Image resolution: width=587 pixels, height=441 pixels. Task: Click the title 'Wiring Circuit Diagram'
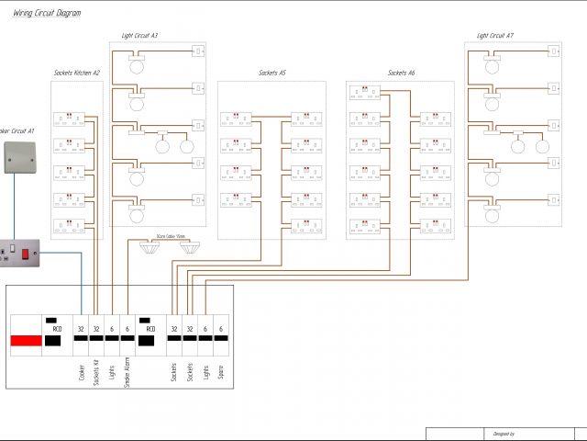click(x=47, y=14)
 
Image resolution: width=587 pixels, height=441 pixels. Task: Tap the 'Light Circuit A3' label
click(x=139, y=36)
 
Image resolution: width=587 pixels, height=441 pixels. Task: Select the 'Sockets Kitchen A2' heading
click(x=76, y=73)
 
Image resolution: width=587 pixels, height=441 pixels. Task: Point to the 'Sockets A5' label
click(x=272, y=73)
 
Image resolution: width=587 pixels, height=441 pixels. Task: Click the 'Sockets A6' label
click(x=401, y=73)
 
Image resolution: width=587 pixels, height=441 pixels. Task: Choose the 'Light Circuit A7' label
click(x=495, y=36)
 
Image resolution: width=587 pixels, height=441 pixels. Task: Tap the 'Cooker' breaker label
click(x=82, y=372)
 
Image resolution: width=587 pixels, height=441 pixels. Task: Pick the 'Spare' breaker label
click(x=221, y=372)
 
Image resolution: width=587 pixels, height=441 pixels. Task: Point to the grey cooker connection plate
click(x=17, y=158)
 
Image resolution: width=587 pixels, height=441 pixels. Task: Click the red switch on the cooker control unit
click(x=27, y=249)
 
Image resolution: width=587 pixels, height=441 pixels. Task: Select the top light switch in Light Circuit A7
click(x=554, y=51)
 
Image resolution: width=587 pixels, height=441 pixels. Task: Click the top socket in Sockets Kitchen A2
click(x=65, y=119)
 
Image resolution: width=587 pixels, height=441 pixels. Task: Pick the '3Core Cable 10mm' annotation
click(x=172, y=236)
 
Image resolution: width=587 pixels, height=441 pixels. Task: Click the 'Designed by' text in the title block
click(x=504, y=434)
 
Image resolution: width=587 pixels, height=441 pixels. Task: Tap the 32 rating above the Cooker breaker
click(x=81, y=329)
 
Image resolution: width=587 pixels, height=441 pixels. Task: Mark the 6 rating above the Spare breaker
click(x=221, y=329)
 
